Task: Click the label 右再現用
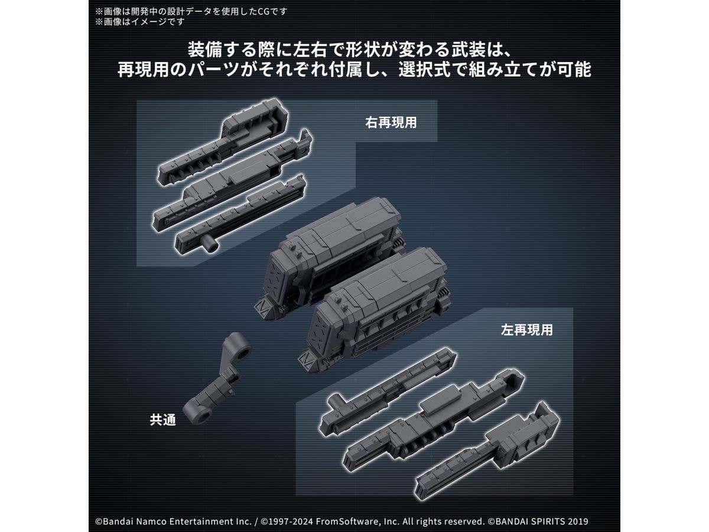point(391,123)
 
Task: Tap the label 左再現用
point(527,330)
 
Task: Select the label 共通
point(163,420)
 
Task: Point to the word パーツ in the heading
point(213,69)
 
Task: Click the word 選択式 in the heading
point(424,69)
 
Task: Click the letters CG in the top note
point(262,12)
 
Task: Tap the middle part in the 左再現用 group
point(433,420)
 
